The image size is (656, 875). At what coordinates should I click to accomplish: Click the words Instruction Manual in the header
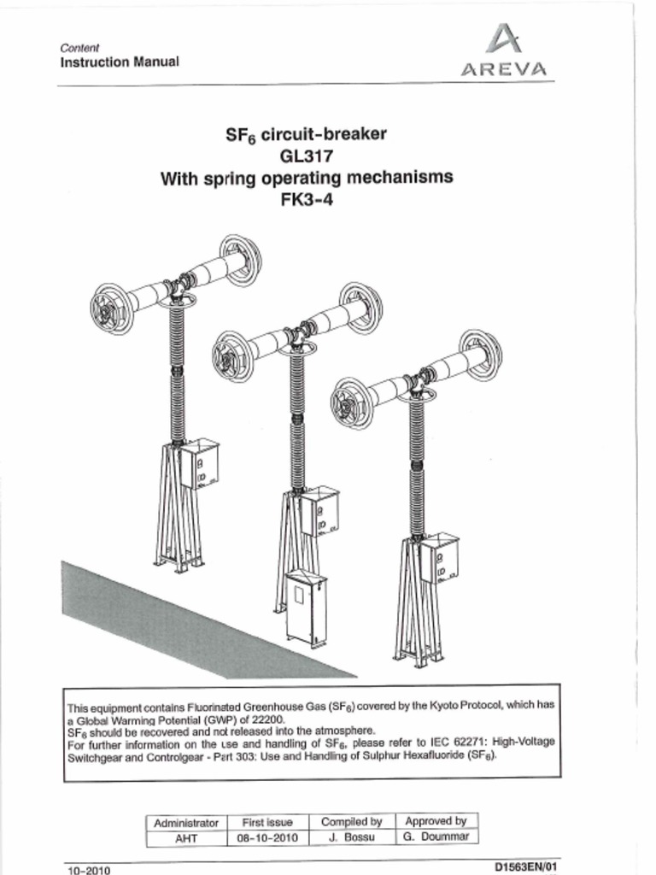point(119,62)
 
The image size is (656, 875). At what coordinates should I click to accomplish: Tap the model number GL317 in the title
point(306,156)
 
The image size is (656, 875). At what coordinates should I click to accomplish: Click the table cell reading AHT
point(186,838)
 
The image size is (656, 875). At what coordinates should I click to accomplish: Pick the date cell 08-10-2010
point(267,838)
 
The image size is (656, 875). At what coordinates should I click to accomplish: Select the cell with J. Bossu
point(351,838)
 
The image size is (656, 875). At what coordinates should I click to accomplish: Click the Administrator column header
point(186,822)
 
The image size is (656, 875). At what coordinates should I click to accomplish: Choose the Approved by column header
point(436,821)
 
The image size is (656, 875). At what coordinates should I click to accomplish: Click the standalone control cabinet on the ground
point(306,608)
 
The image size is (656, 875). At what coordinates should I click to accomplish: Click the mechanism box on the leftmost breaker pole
point(199,463)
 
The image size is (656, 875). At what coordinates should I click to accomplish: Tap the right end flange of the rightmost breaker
point(480,354)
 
